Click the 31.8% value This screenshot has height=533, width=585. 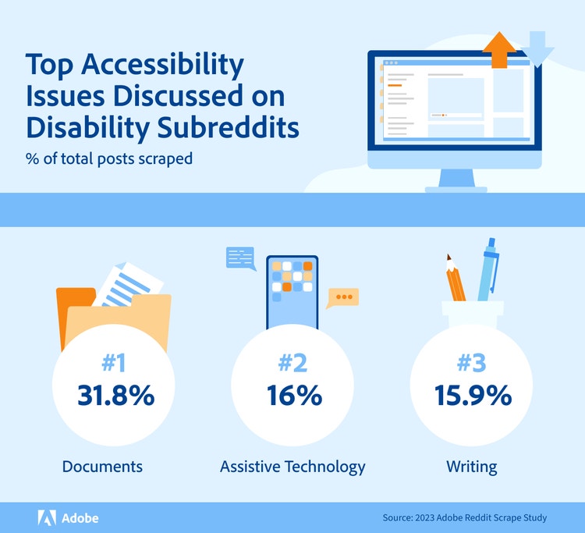coord(115,396)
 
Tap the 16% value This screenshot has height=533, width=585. coord(292,396)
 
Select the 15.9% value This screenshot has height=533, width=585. coord(471,396)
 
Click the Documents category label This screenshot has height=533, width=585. coord(103,467)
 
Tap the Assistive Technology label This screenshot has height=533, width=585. coord(292,467)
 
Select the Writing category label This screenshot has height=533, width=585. coord(471,467)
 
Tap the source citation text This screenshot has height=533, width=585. coord(465,517)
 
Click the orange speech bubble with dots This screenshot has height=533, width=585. coord(342,297)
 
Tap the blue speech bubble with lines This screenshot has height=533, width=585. coord(240,258)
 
